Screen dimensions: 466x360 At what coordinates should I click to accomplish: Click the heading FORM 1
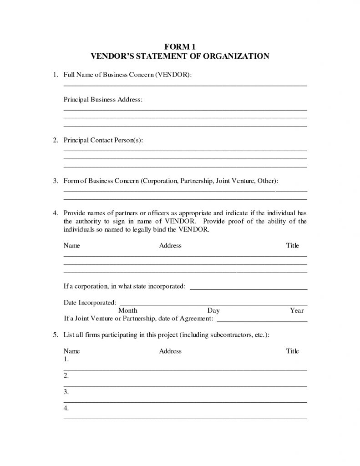tap(180, 46)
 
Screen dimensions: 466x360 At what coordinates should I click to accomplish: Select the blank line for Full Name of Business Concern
tap(185, 85)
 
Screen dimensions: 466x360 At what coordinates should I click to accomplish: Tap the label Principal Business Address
tap(103, 99)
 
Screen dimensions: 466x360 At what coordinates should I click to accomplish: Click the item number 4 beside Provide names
tap(55, 213)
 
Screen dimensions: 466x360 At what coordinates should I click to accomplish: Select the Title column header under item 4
tap(292, 246)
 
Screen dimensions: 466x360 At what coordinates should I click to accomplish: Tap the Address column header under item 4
tap(170, 246)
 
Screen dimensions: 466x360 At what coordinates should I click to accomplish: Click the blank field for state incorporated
tap(248, 289)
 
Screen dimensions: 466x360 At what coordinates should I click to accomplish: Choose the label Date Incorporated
tap(89, 302)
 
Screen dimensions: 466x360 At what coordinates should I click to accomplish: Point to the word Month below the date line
tap(128, 311)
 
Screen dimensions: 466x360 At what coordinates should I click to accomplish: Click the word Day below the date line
tap(213, 311)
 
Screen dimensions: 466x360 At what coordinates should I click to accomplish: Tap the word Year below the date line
tap(297, 311)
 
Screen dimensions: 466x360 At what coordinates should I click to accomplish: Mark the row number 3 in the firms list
tap(66, 392)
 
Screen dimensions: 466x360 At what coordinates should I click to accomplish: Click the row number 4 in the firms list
tap(66, 408)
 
